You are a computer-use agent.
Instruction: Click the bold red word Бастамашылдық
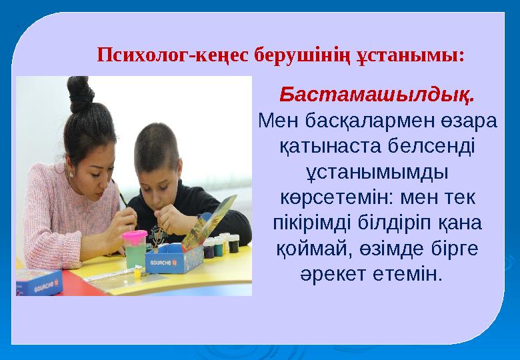[377, 95]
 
